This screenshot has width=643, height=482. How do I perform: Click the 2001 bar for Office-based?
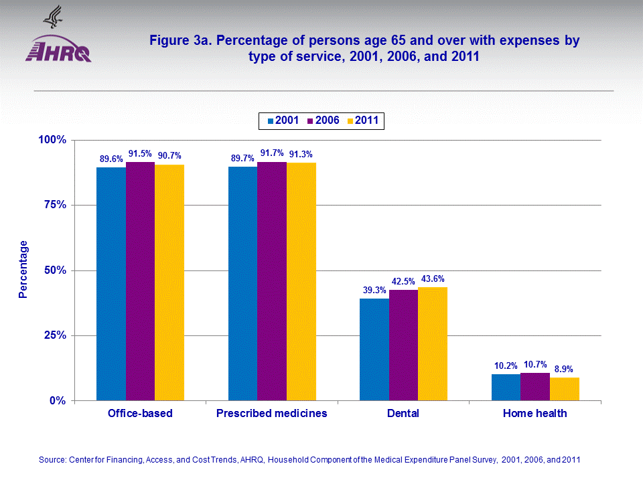coord(111,284)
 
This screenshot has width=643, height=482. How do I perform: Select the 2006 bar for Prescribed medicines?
coord(272,281)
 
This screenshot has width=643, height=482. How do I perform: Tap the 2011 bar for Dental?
coord(433,344)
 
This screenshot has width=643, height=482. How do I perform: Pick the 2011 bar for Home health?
coord(565,389)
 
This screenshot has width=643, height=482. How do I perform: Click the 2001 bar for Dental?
coord(374,349)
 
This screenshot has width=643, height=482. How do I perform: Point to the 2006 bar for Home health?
coord(535,387)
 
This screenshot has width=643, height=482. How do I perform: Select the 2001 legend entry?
coord(283,120)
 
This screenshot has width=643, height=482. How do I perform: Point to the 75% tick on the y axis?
coord(52,205)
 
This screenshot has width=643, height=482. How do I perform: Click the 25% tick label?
coord(52,335)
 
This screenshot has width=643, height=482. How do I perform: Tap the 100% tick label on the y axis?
coord(50,140)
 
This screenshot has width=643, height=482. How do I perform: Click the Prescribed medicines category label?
coord(272,414)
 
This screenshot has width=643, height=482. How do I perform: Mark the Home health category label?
coord(535,414)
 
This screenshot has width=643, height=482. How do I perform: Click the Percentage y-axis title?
coord(23,269)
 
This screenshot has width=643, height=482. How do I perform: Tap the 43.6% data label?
coord(433,279)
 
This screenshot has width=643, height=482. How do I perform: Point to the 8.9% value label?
coord(564,369)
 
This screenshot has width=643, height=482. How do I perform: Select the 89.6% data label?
coord(111,159)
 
